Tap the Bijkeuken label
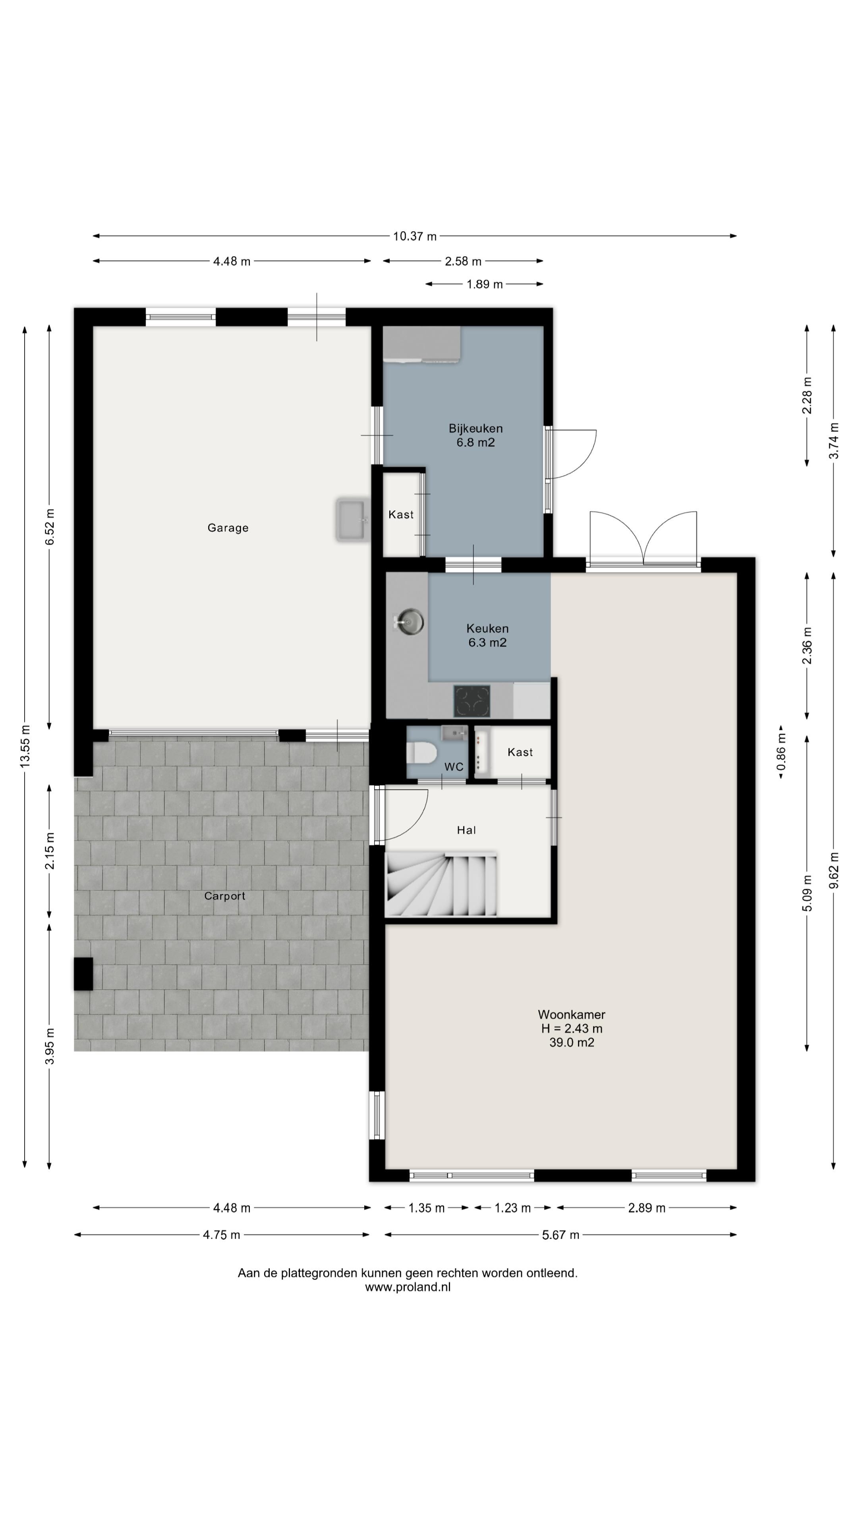point(475,428)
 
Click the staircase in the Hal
point(441,884)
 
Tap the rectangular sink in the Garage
point(352,520)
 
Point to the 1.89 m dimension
point(484,284)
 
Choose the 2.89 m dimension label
point(647,1208)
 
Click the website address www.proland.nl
point(408,1287)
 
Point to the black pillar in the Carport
point(83,974)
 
